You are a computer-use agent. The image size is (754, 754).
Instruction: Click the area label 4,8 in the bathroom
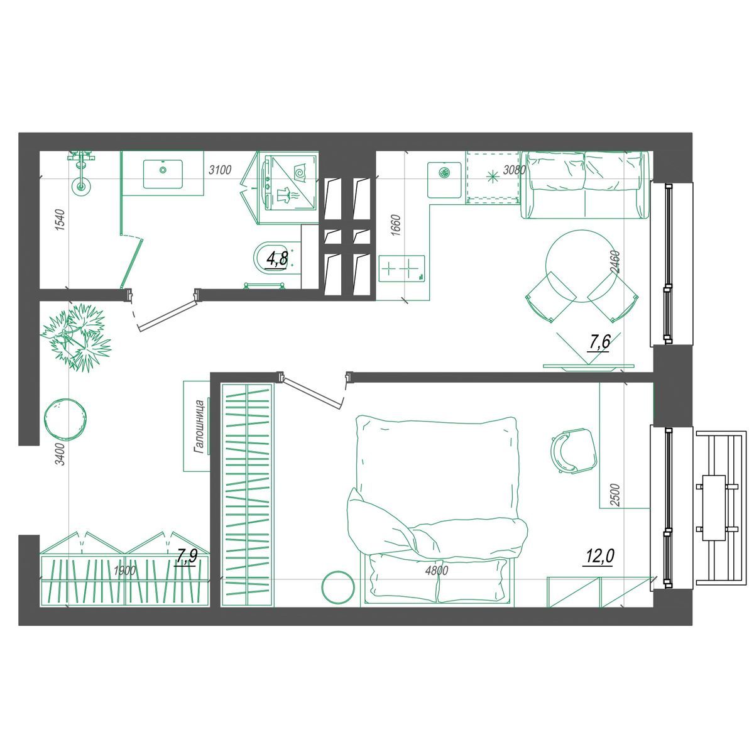coord(276,259)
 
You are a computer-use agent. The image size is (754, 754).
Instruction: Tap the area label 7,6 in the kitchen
coord(599,343)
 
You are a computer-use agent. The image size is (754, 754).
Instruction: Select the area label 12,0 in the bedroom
coord(600,556)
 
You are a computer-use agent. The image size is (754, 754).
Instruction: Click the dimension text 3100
coord(220,170)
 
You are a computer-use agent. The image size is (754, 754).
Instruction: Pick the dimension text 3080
coord(514,170)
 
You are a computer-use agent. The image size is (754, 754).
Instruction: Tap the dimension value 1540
coord(60,220)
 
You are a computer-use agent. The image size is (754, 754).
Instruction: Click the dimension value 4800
coord(437,571)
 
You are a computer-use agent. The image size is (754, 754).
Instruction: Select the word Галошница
coord(199,427)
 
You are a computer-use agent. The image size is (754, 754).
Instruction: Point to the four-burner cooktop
coord(402,268)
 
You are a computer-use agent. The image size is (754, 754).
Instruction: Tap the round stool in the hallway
coord(65,420)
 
